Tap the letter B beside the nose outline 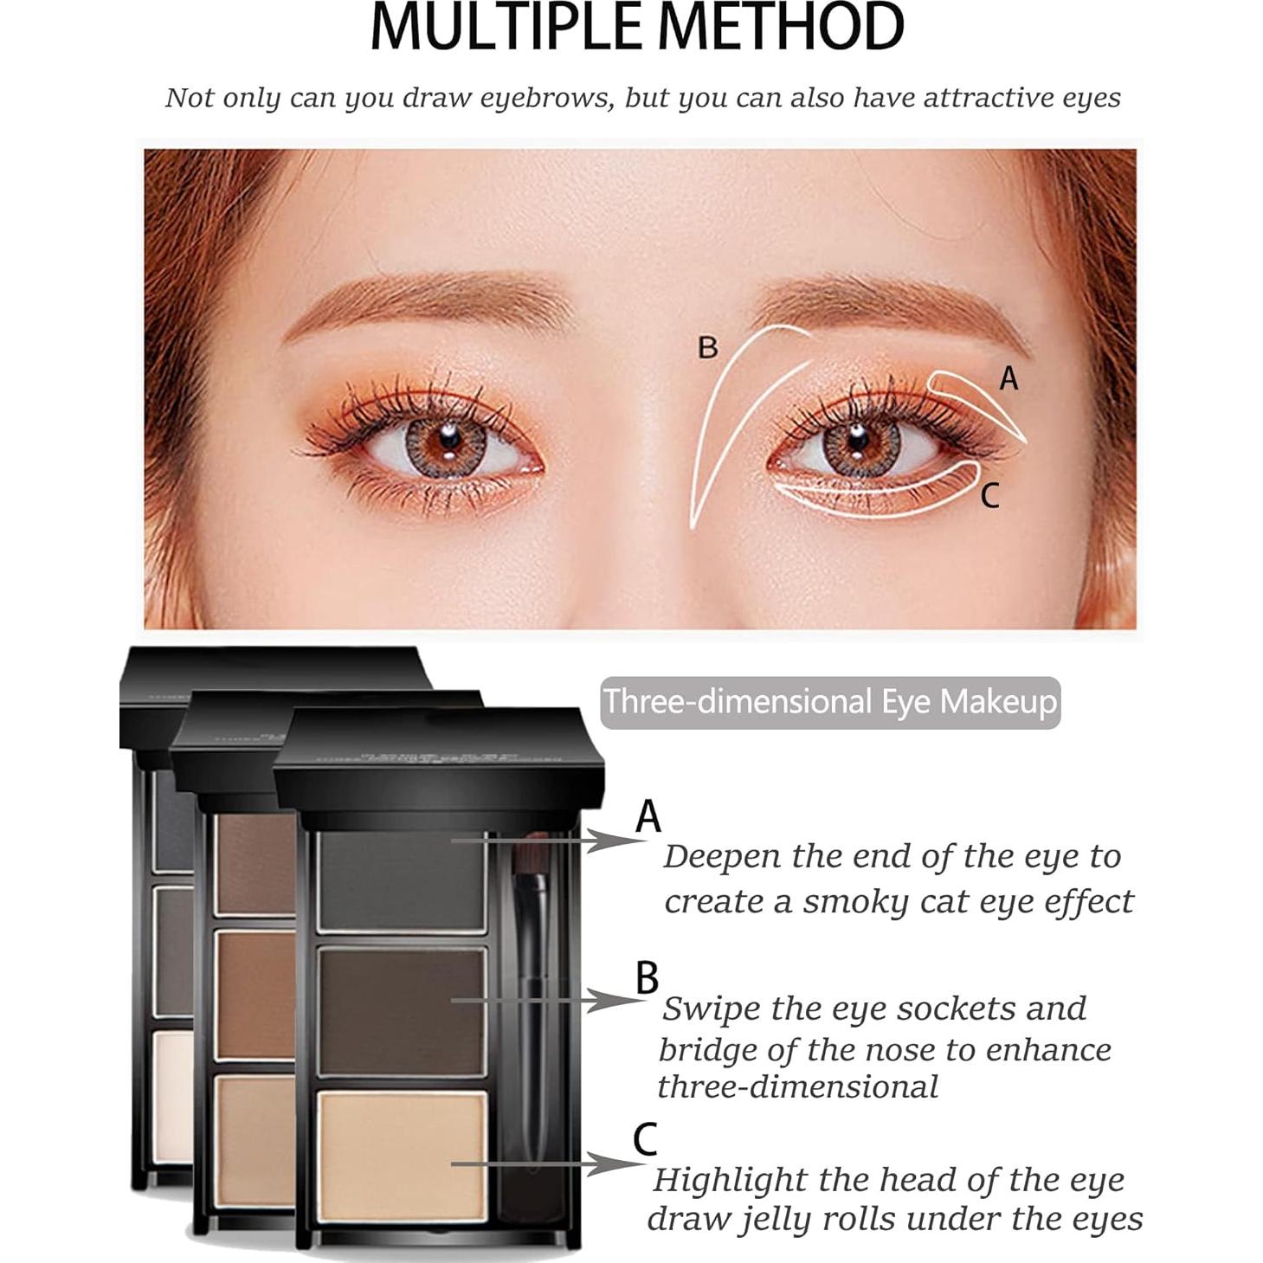(x=707, y=347)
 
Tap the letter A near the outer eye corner (x=1008, y=378)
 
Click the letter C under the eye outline (x=989, y=495)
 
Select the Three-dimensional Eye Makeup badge (x=829, y=701)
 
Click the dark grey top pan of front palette (x=401, y=880)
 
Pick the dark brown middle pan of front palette (x=401, y=1010)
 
